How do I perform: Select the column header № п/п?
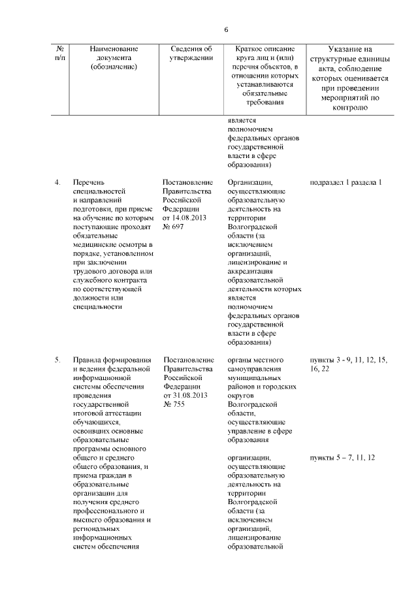(x=59, y=54)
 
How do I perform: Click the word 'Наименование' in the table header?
(x=114, y=49)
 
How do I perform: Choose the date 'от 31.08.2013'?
(x=185, y=396)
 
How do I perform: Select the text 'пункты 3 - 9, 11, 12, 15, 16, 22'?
(x=347, y=364)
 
